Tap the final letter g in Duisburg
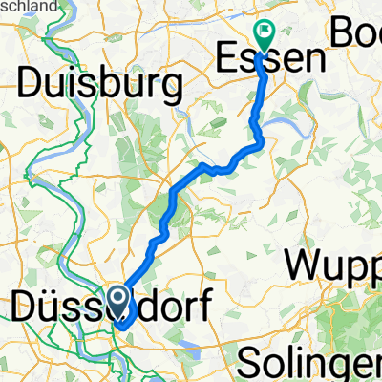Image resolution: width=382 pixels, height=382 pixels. tap(172, 90)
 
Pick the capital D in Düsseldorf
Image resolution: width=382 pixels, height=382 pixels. tap(23, 308)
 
